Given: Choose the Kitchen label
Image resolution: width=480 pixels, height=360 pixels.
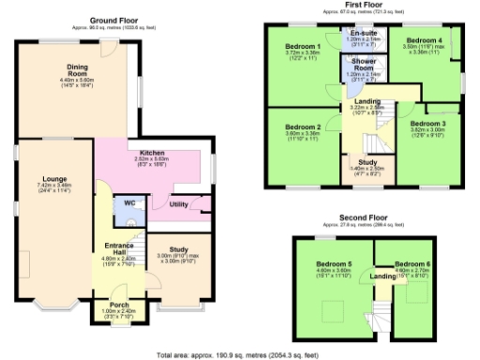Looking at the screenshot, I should point(152,154).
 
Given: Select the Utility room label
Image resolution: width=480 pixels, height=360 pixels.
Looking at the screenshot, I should point(178,203).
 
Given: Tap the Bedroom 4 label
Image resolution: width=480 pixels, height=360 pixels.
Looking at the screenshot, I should point(427,40).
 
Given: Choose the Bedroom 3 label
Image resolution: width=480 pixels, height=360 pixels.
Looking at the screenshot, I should point(427,123).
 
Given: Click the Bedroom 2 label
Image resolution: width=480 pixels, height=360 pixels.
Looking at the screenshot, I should point(304,127).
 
